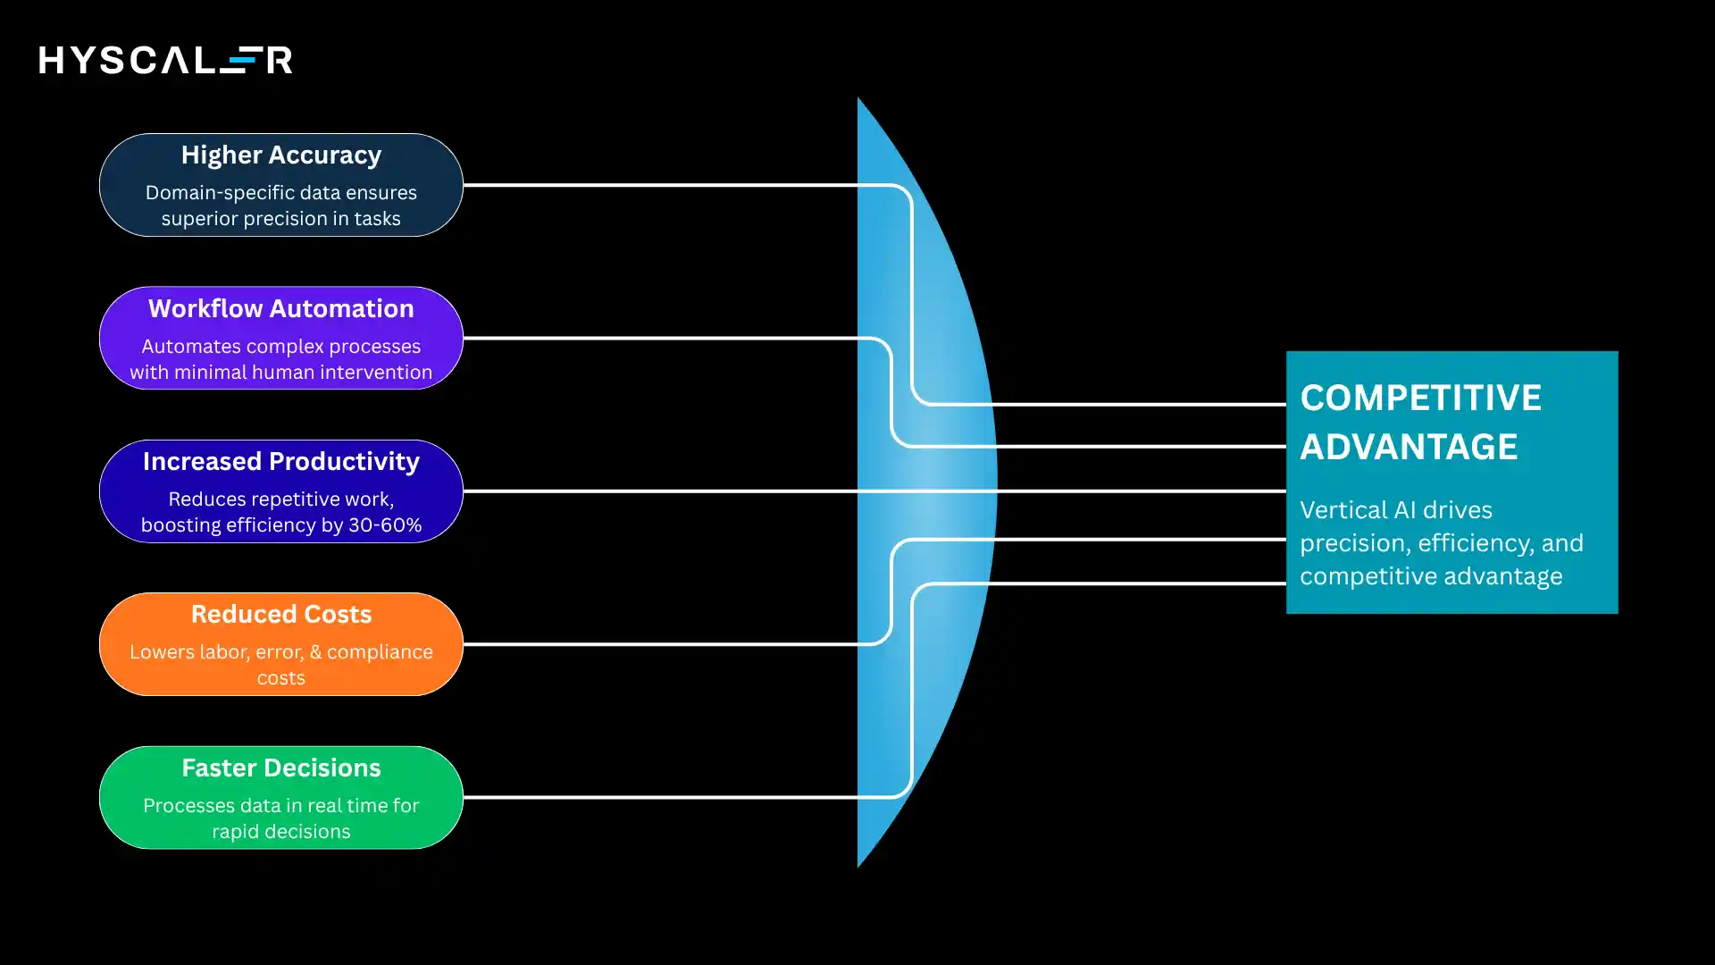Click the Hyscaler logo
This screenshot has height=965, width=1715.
(x=165, y=60)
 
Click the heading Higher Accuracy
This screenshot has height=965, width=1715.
(x=280, y=155)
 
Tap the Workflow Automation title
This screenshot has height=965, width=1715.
(x=280, y=308)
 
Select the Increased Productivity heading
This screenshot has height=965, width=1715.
(x=280, y=461)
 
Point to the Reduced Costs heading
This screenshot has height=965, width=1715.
(x=280, y=615)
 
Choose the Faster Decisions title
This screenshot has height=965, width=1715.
(x=280, y=768)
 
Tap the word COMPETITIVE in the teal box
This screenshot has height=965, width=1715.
(x=1420, y=398)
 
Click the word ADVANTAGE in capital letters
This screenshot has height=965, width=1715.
(x=1409, y=447)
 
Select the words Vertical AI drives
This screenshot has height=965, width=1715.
(x=1395, y=510)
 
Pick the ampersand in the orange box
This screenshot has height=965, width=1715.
(x=315, y=652)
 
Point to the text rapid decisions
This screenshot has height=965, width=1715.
(x=280, y=832)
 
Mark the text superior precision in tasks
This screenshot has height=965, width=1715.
(x=280, y=219)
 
